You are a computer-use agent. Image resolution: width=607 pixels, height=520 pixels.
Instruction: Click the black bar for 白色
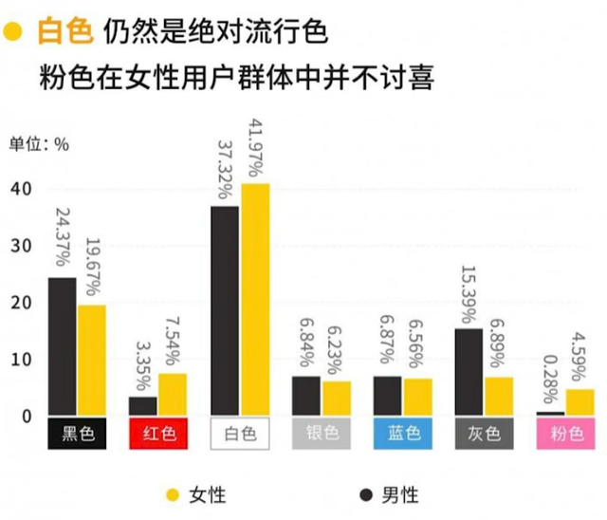click(225, 310)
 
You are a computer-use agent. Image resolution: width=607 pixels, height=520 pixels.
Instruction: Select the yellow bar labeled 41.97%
click(255, 299)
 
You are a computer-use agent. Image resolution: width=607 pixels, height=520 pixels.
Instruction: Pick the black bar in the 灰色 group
click(469, 371)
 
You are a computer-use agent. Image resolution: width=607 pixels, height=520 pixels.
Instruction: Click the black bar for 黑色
click(63, 346)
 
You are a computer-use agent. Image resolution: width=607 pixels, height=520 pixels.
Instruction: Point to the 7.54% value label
click(173, 339)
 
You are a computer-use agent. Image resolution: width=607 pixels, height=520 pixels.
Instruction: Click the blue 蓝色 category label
click(402, 434)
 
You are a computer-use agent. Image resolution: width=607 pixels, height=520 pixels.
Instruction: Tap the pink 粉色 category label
click(565, 434)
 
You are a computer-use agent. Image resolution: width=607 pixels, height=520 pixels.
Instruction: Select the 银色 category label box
click(322, 434)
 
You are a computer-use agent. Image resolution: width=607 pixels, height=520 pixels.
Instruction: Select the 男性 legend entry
click(390, 494)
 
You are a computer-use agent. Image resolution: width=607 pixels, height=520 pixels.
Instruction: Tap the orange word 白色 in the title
click(64, 32)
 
